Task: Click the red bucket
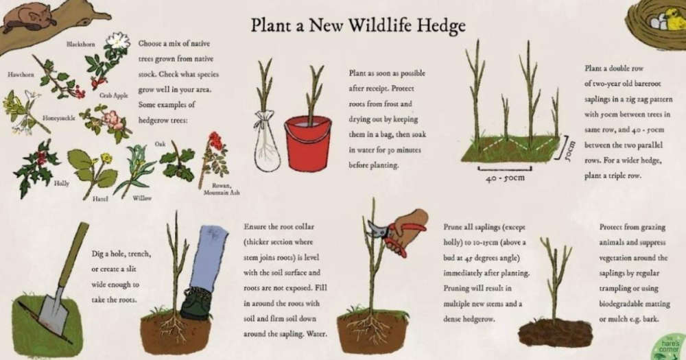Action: click(x=308, y=143)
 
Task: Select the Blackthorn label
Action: click(x=80, y=44)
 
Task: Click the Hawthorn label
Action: click(x=21, y=74)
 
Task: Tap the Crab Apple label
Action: click(x=113, y=95)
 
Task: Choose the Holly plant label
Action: click(x=61, y=183)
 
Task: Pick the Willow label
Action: click(x=142, y=198)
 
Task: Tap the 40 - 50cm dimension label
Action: click(x=505, y=178)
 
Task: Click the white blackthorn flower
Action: click(x=118, y=40)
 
